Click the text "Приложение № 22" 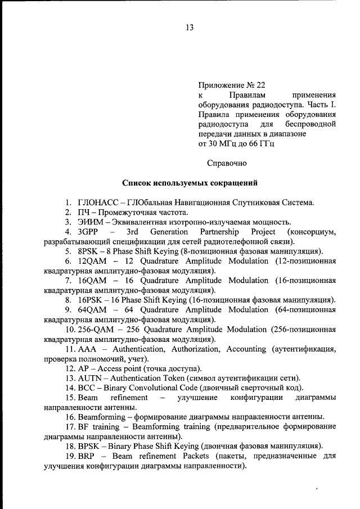tap(231, 86)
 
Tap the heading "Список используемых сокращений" tap(190, 183)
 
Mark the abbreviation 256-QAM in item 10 tap(96, 330)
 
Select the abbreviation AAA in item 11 tap(88, 349)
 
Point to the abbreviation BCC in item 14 tap(87, 388)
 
